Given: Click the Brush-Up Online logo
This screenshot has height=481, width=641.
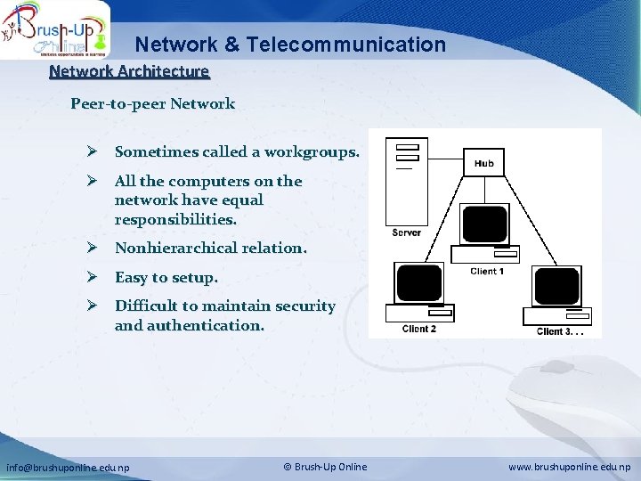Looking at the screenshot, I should click(55, 29).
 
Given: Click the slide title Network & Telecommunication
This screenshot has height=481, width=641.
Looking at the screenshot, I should click(290, 44).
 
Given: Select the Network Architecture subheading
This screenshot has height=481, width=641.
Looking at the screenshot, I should click(129, 71).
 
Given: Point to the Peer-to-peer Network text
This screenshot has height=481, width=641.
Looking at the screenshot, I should click(152, 103).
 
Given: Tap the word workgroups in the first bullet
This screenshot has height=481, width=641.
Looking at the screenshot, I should click(313, 152).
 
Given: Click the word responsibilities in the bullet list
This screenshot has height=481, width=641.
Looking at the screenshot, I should click(175, 219).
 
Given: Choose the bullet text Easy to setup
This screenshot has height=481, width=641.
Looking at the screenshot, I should click(166, 278).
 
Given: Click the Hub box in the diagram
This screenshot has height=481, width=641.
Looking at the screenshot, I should click(483, 163).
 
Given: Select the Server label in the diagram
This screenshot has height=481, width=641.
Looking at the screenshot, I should click(406, 233).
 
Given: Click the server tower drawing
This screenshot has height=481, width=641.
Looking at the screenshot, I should click(405, 182).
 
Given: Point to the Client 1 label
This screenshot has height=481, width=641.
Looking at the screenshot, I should click(487, 272).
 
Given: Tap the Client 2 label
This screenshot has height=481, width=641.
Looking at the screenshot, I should click(418, 329).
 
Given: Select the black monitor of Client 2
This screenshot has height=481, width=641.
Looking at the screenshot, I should click(418, 283).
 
